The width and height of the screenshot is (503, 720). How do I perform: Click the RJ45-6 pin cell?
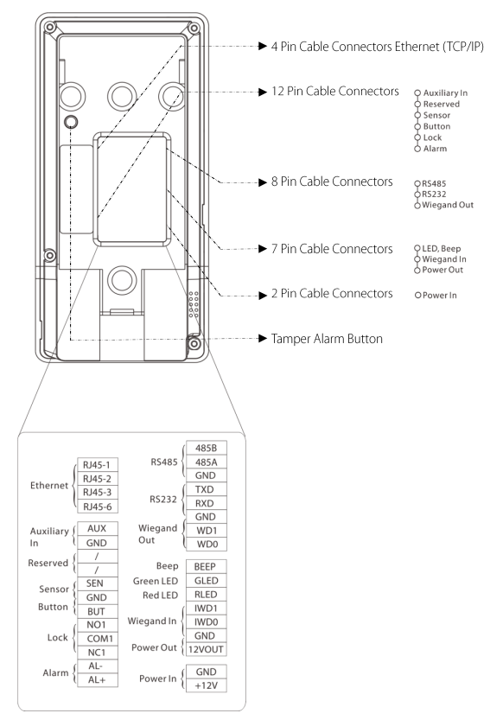point(98,507)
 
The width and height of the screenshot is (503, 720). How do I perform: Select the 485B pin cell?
point(206,448)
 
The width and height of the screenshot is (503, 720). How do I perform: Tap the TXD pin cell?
point(206,489)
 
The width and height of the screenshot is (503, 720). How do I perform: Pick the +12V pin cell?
point(206,685)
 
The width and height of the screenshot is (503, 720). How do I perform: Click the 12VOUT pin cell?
point(206,649)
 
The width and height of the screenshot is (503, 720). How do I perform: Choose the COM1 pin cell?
point(98,639)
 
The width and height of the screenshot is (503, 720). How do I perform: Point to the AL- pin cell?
point(98,666)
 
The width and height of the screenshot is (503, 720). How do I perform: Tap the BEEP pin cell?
point(206,567)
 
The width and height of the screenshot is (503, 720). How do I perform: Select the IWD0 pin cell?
point(206,621)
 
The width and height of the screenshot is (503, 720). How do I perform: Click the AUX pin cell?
point(98,528)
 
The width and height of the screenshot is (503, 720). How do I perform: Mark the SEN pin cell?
point(98,583)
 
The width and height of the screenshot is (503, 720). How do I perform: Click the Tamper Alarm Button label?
point(327,339)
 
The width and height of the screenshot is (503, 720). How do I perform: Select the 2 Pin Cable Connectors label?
point(332,293)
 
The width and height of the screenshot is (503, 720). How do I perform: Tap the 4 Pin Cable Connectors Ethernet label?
point(377,47)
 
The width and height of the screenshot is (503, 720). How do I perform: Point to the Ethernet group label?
point(49,486)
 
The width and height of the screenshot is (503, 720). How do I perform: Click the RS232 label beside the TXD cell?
point(163,499)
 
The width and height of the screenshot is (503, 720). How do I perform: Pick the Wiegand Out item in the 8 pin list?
point(448,205)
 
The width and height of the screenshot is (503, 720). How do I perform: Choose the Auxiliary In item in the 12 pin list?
point(445,92)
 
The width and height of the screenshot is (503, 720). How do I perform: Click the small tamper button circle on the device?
point(70,122)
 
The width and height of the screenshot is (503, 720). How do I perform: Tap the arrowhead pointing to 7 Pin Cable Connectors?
point(263,249)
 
